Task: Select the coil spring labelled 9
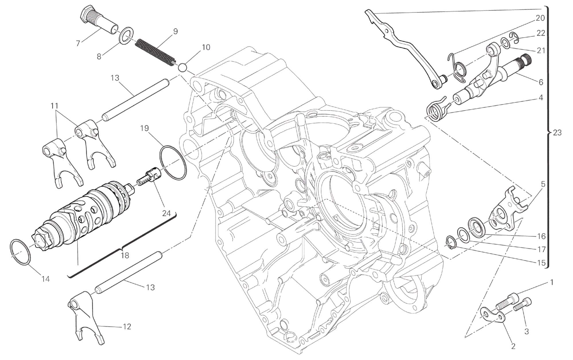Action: [x=155, y=53]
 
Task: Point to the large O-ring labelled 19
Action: [x=173, y=163]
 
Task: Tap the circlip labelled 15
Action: [x=450, y=242]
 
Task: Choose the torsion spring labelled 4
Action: [x=436, y=109]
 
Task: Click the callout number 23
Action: [x=557, y=133]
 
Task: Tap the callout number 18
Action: [x=125, y=255]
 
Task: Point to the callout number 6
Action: [x=541, y=82]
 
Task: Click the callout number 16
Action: [x=541, y=236]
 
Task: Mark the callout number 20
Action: [x=540, y=18]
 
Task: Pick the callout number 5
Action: [x=543, y=184]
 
